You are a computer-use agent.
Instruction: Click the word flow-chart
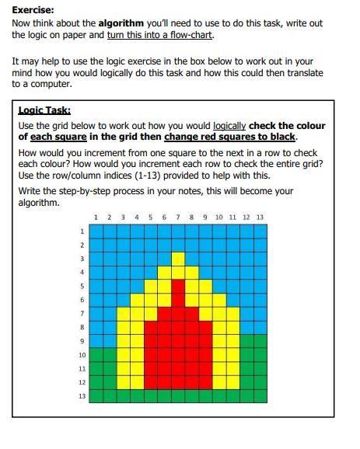(x=188, y=35)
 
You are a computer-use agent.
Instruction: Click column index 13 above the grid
(x=259, y=217)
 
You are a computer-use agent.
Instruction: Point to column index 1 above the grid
(x=95, y=217)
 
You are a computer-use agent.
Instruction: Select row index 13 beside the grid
(x=81, y=396)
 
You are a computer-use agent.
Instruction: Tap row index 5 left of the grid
(x=82, y=286)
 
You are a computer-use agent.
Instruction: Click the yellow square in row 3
(x=178, y=258)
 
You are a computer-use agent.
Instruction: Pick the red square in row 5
(x=178, y=286)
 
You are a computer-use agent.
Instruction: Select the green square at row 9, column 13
(x=260, y=341)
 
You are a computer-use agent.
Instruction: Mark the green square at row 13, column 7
(x=178, y=396)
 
